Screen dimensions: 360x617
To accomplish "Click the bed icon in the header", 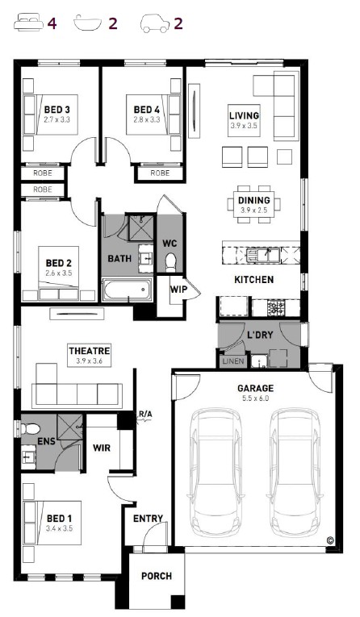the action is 28,23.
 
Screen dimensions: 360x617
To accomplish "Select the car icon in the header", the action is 155,23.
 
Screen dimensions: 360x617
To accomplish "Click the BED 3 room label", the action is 57,110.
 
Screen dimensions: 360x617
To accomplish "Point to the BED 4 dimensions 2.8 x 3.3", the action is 147,119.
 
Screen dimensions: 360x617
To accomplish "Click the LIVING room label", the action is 245,115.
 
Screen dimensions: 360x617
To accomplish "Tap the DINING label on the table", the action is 254,200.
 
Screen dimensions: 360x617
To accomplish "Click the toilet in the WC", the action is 170,262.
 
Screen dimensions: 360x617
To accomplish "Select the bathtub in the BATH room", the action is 128,290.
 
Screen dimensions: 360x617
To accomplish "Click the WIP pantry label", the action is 178,290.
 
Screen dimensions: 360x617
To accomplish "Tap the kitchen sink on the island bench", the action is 263,256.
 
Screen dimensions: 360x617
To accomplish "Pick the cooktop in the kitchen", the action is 276,307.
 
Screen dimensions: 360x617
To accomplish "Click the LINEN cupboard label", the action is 233,361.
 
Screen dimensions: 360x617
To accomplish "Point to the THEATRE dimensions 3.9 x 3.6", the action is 89,361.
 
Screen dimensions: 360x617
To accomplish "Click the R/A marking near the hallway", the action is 145,414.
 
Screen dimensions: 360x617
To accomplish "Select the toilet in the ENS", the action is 30,428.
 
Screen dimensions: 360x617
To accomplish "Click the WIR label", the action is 102,448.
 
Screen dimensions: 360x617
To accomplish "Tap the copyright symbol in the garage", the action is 330,540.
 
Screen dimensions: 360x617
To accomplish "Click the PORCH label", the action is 157,576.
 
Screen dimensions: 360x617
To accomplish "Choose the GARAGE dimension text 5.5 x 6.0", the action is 255,398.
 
